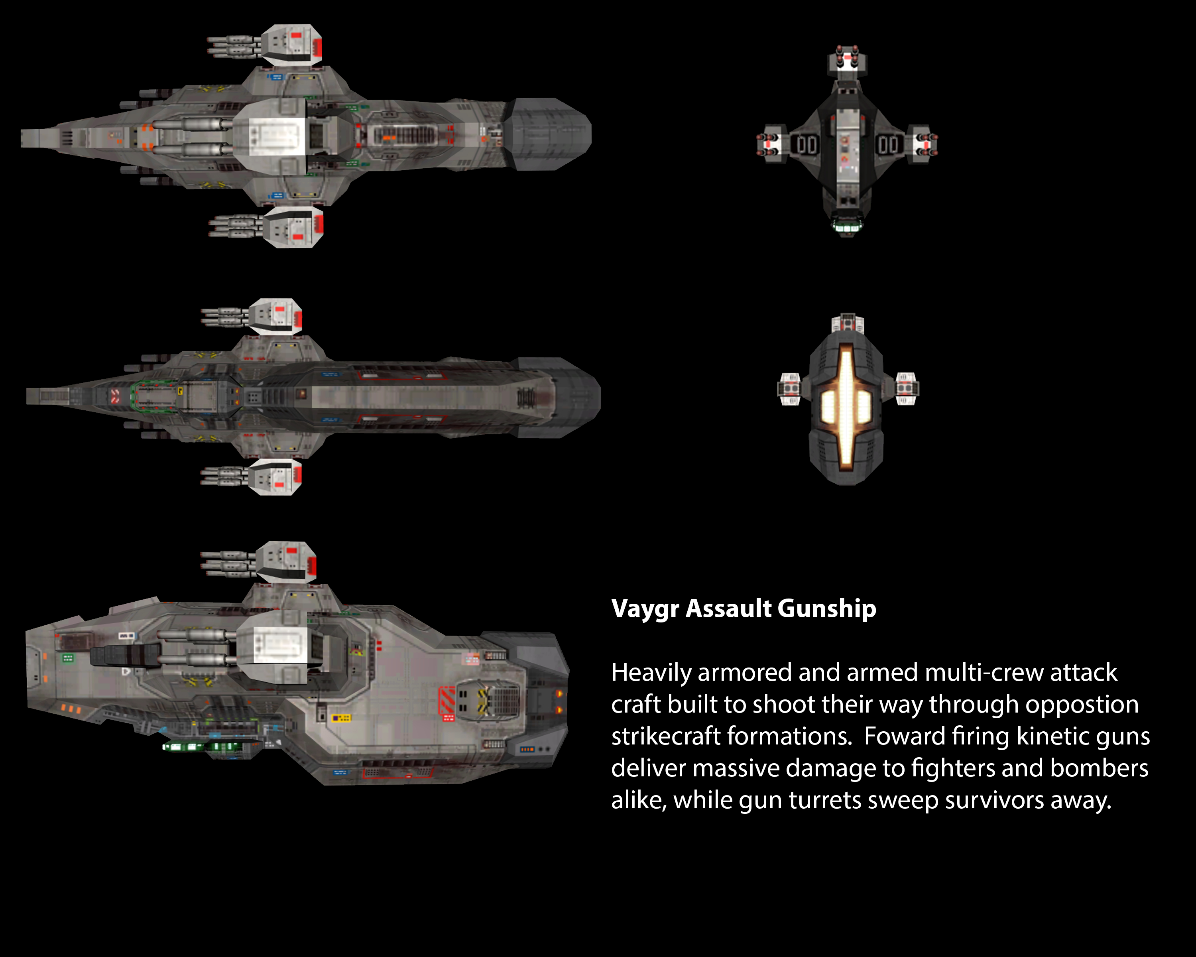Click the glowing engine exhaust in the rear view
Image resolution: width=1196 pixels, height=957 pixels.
coord(846,405)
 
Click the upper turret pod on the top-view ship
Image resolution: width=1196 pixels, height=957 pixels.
coord(292,44)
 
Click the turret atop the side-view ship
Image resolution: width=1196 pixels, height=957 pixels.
coord(286,561)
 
